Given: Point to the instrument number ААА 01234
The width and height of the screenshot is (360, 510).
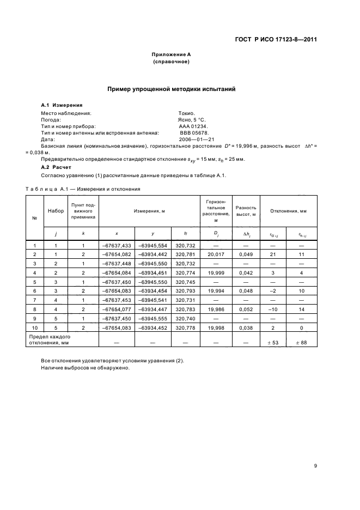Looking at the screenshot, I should click(x=193, y=125).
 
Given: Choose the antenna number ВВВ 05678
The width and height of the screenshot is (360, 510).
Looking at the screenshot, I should click(x=194, y=132).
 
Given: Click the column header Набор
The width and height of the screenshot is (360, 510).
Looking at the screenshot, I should click(x=56, y=210).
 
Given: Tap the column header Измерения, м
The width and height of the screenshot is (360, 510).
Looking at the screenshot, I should click(x=149, y=210).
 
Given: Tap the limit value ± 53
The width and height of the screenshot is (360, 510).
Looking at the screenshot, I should click(x=275, y=342).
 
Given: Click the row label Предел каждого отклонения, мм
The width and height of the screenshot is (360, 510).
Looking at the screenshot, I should click(x=50, y=340).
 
